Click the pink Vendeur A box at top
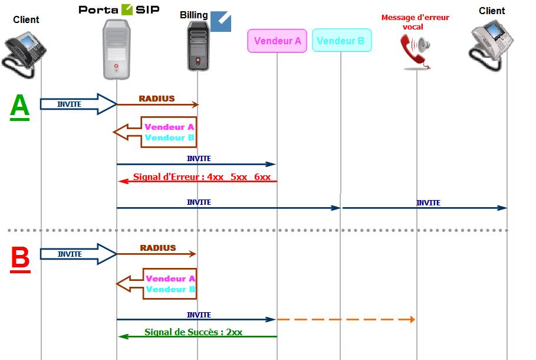(277, 41)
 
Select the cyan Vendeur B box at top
(341, 41)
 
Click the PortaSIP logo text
(119, 9)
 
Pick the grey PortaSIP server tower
(116, 49)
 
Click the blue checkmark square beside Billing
(221, 21)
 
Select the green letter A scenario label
(19, 107)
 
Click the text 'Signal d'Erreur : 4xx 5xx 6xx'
(202, 176)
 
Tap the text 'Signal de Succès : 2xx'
(193, 332)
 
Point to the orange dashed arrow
(346, 319)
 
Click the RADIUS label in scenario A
(157, 99)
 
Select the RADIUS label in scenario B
(157, 248)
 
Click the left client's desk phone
(25, 52)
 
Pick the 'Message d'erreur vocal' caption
(415, 22)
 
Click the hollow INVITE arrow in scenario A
(78, 104)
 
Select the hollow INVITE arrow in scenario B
(78, 254)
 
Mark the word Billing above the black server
(194, 15)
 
